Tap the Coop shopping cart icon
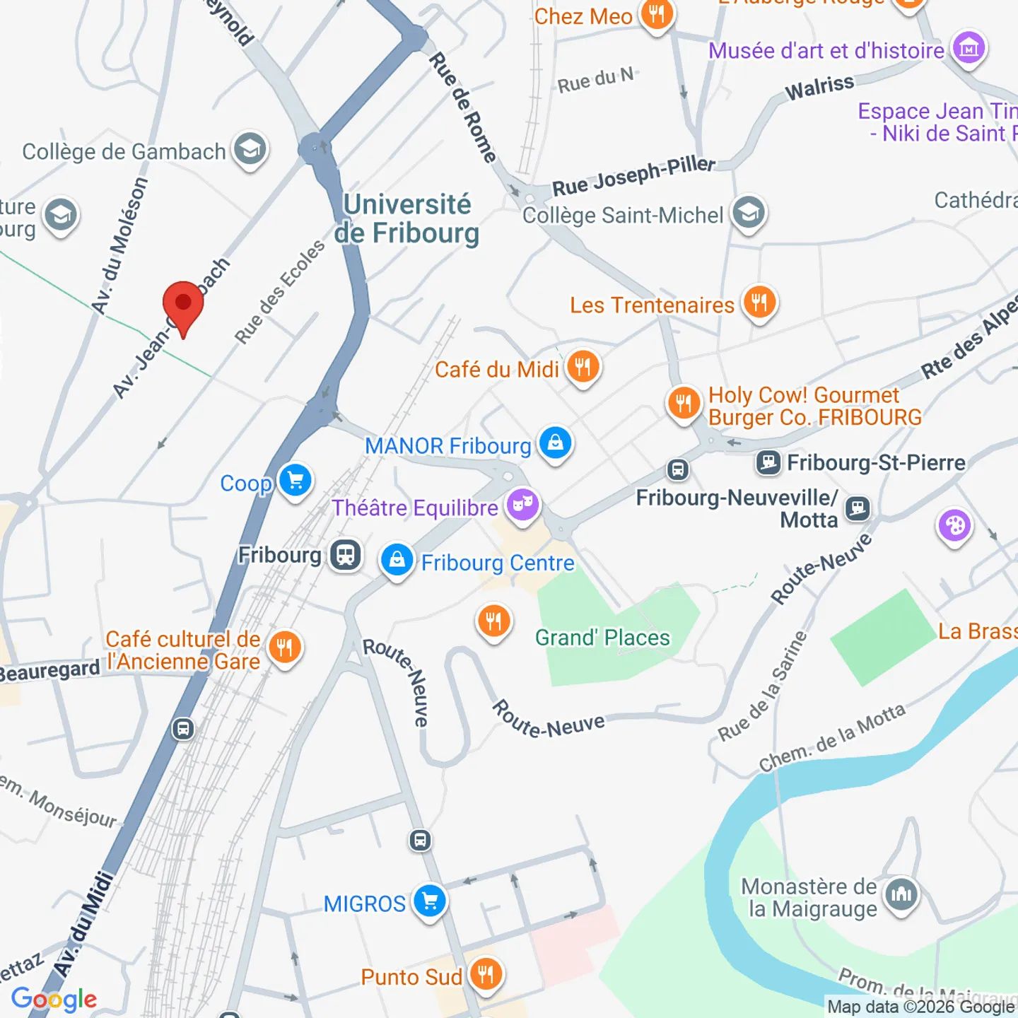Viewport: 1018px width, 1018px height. click(296, 481)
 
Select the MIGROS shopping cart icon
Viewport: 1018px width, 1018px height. click(429, 901)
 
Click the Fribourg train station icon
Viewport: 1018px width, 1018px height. click(345, 555)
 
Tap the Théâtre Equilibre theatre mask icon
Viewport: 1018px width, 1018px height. click(522, 505)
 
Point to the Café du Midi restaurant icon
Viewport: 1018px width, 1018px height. click(583, 367)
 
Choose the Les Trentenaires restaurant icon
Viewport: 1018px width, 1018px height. click(759, 303)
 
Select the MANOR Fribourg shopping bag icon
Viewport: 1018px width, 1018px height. click(555, 443)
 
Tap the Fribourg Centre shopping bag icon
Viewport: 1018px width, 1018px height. click(397, 561)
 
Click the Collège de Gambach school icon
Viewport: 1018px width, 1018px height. click(250, 149)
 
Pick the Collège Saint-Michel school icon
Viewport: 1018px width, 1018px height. click(748, 213)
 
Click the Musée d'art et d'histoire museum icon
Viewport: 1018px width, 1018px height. click(969, 49)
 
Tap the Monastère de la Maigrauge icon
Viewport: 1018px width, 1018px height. click(901, 894)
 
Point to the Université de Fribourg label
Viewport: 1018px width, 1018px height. click(406, 218)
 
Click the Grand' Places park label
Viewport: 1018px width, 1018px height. click(602, 638)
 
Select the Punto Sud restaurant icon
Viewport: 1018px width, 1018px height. click(486, 974)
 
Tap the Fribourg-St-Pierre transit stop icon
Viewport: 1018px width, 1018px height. click(768, 463)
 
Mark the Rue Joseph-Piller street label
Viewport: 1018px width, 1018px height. click(633, 176)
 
